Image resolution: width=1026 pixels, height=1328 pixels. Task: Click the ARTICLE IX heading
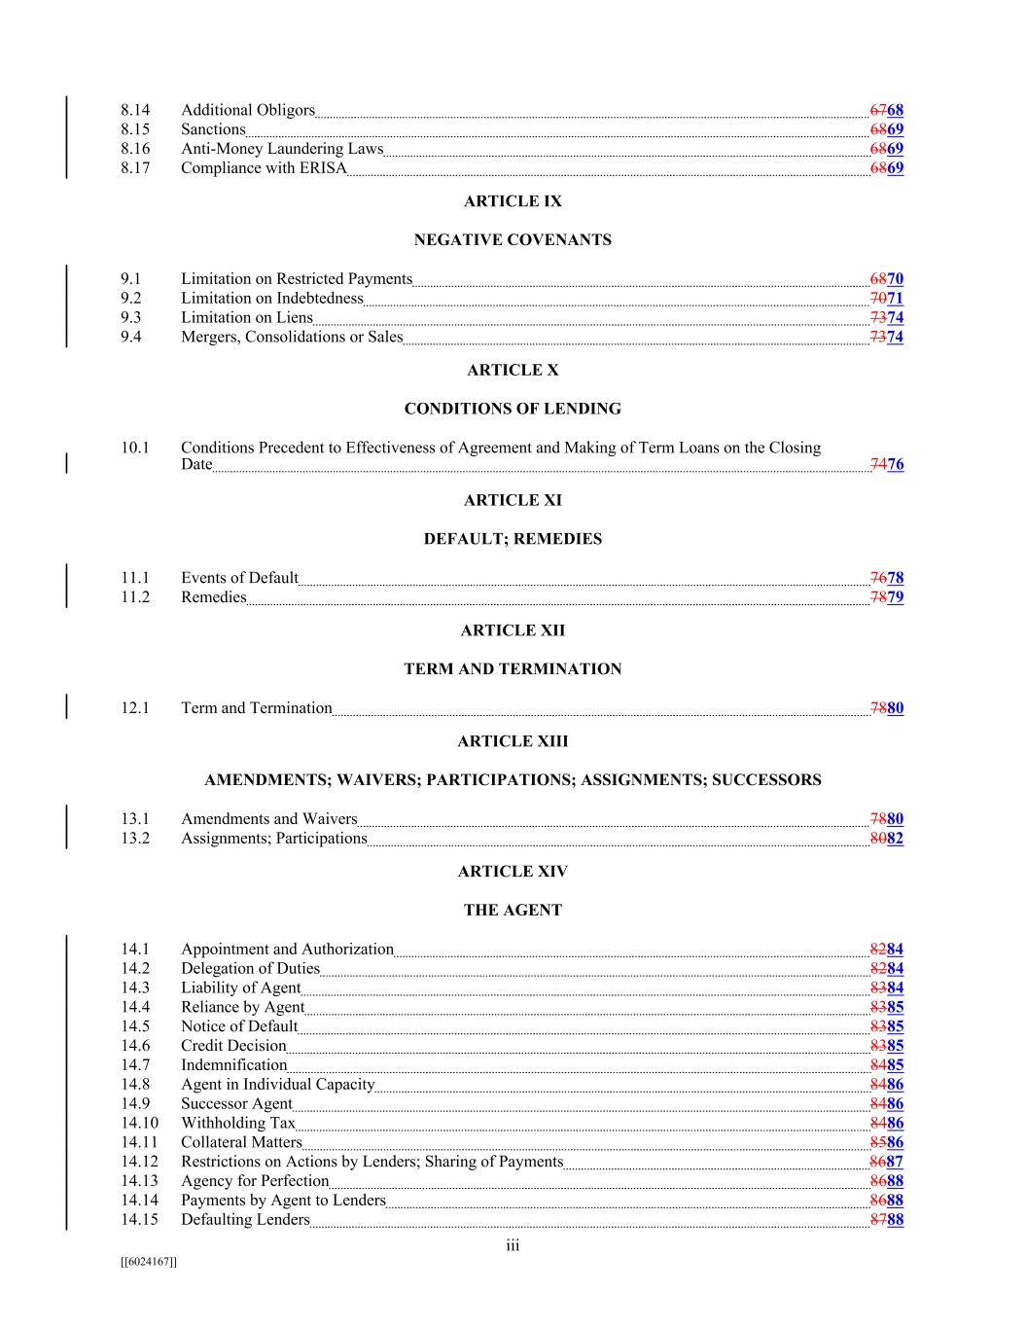point(513,201)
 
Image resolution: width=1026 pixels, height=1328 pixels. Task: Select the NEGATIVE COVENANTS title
point(513,240)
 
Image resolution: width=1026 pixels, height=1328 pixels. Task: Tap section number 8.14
point(135,110)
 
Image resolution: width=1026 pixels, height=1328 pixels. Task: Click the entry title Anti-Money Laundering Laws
point(282,149)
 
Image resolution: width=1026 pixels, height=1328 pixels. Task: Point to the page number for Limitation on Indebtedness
point(887,299)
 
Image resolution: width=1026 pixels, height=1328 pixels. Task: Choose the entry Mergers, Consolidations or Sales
point(292,338)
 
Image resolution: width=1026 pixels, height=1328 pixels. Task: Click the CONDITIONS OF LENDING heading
point(513,409)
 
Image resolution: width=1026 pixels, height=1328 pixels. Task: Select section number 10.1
point(135,448)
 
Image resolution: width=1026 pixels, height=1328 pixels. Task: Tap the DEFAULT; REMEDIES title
point(513,539)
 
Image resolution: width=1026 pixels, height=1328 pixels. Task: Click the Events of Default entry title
point(239,578)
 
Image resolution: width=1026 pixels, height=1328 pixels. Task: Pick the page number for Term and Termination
point(887,708)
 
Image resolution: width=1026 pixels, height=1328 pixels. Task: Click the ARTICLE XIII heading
point(513,741)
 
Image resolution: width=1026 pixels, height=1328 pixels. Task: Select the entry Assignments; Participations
point(274,839)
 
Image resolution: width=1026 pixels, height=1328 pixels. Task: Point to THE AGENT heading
point(513,911)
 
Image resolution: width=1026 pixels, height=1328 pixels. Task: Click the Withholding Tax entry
point(238,1123)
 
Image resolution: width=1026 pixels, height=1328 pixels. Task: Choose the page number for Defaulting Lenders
point(887,1220)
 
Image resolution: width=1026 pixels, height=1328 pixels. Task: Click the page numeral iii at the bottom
point(513,1246)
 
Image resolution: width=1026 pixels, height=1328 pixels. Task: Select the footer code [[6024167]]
point(148,1262)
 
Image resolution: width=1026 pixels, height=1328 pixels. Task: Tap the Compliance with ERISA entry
point(264,168)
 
